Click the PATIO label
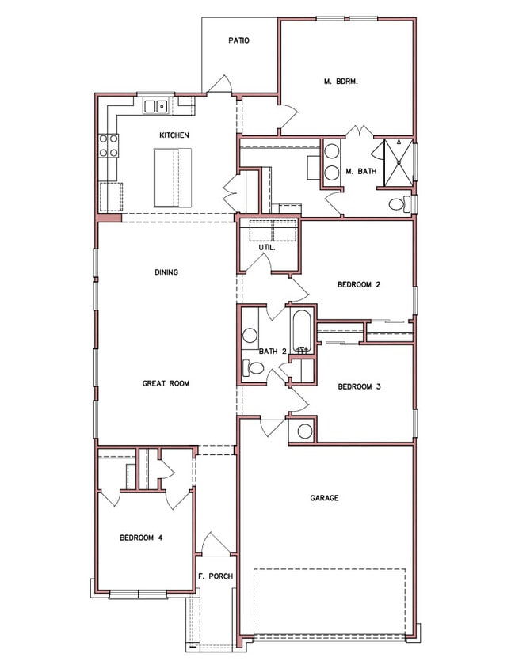tap(238, 40)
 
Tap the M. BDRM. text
tap(341, 82)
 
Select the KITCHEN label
tap(174, 135)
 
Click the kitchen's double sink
tap(155, 106)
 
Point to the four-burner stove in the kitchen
tap(109, 145)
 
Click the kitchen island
tap(173, 177)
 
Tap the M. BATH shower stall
tap(399, 162)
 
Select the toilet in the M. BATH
tap(399, 204)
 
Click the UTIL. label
tap(267, 247)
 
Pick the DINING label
tap(166, 272)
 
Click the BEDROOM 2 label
tap(359, 284)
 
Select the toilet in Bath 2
tap(253, 367)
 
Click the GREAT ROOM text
tap(166, 383)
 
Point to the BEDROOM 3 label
tap(359, 387)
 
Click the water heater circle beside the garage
tap(305, 431)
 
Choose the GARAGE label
tap(324, 498)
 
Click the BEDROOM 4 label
tap(141, 538)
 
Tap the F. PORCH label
tap(216, 576)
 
